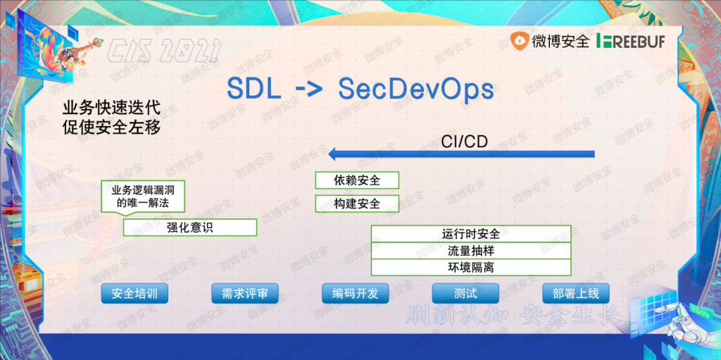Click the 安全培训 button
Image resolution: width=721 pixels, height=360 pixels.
[134, 293]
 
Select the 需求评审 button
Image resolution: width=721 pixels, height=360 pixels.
[244, 293]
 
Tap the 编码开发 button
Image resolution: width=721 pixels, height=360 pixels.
[355, 293]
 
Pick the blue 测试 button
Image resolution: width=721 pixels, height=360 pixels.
[465, 293]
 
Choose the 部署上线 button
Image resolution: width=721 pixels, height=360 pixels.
[576, 293]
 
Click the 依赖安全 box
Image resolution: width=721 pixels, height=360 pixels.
[357, 180]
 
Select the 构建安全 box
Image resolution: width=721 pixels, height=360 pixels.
[357, 204]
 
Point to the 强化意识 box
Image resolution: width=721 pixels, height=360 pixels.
[190, 228]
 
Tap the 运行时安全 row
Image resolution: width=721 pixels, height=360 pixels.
[471, 234]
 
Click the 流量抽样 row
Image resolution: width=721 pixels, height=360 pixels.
[471, 251]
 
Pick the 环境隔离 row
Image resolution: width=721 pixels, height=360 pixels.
[471, 268]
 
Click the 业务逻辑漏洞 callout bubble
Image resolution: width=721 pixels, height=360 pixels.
[142, 196]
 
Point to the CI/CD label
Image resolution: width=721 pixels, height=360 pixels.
[464, 141]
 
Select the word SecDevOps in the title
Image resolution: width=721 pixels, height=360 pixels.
[415, 89]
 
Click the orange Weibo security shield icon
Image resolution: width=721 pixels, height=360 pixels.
[520, 41]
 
